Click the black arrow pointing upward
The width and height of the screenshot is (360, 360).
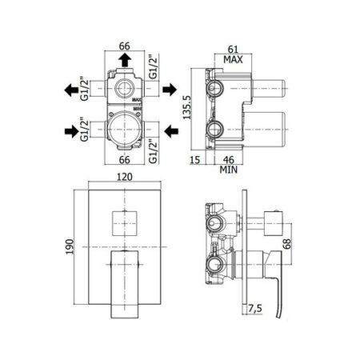(125, 60)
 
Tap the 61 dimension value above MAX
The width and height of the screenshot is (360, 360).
(233, 50)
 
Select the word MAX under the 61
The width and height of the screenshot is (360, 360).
(233, 59)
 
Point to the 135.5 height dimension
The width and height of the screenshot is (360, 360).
(187, 107)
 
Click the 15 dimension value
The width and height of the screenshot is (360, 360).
(194, 160)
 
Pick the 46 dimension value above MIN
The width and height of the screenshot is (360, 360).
(229, 160)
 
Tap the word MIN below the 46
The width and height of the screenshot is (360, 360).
(229, 170)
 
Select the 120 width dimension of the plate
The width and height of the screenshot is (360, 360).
(125, 177)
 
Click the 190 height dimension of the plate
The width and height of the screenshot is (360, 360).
(70, 246)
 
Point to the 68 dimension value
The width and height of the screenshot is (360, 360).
(287, 244)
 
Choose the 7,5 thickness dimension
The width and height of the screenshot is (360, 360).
(255, 309)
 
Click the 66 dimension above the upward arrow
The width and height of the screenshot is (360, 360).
(125, 46)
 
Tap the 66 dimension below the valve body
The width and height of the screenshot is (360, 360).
(125, 160)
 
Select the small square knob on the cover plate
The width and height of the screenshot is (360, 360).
(125, 223)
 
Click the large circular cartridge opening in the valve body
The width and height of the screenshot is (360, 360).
(125, 130)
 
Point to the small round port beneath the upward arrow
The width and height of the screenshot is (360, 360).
(125, 89)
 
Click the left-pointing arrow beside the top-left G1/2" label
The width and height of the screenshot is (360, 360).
(71, 90)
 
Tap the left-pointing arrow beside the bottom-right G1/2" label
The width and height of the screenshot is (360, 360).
(171, 131)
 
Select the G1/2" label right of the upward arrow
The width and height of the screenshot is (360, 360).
(154, 66)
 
